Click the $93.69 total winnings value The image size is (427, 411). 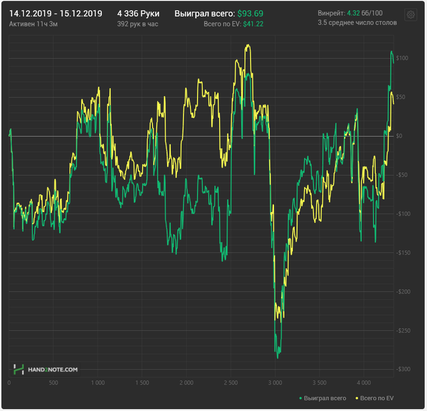(250, 13)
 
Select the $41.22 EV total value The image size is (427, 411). (253, 23)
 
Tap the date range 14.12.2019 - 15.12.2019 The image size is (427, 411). (56, 13)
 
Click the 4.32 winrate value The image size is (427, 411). (353, 13)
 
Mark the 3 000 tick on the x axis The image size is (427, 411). (275, 383)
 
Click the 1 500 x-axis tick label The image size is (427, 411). (142, 383)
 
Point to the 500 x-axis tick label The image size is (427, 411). (53, 383)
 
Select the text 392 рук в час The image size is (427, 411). (137, 23)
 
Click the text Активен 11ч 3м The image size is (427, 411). (34, 23)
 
